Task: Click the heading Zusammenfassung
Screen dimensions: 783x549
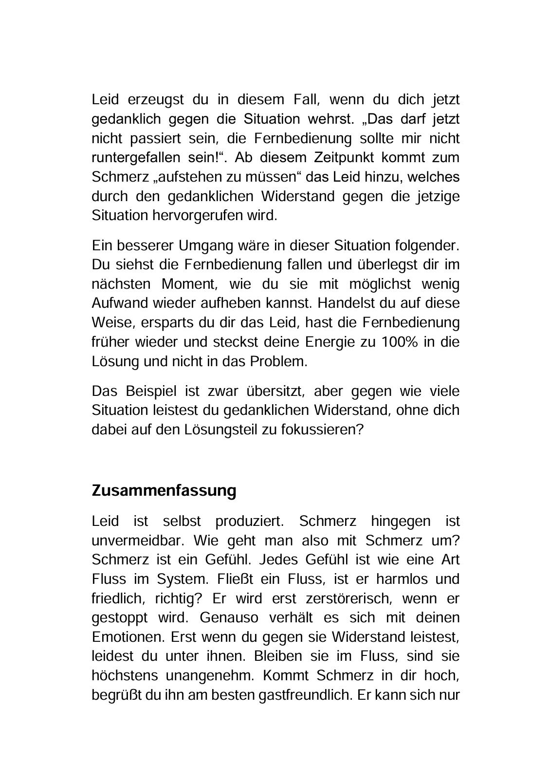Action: (164, 490)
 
